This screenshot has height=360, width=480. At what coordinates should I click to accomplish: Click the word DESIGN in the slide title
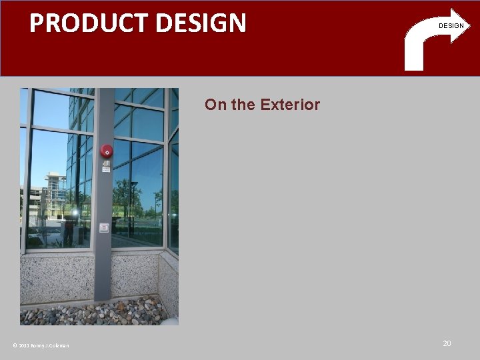[x=201, y=23]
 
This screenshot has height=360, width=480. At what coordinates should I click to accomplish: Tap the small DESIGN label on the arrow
[x=451, y=26]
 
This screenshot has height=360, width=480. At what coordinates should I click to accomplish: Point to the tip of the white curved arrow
[x=469, y=26]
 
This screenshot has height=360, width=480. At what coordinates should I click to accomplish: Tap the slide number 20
[x=447, y=343]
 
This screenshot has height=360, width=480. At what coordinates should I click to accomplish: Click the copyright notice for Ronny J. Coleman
[x=41, y=345]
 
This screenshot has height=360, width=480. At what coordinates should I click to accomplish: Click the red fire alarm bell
[x=107, y=151]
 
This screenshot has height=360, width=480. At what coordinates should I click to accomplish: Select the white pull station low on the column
[x=104, y=228]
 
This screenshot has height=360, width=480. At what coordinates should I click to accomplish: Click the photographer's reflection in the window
[x=69, y=230]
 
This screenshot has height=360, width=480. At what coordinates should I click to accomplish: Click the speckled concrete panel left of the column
[x=57, y=277]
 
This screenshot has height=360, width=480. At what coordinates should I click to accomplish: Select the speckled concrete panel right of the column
[x=133, y=277]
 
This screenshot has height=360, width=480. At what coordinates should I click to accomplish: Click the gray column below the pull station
[x=103, y=267]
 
